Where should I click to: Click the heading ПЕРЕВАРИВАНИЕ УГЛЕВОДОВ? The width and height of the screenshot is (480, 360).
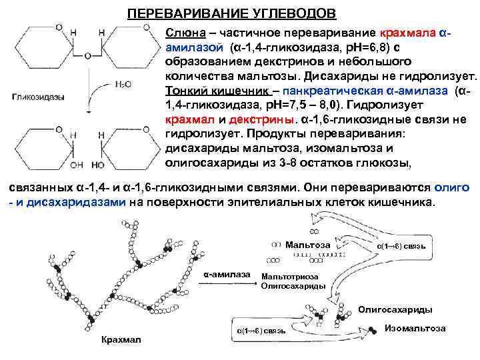coord(232,14)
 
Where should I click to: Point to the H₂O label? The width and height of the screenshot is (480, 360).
coord(123,84)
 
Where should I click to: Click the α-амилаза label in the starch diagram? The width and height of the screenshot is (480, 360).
coord(227,275)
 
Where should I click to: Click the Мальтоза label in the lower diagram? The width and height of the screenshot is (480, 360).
coord(307,245)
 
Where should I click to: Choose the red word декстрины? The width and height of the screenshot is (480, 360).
coord(261,121)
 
